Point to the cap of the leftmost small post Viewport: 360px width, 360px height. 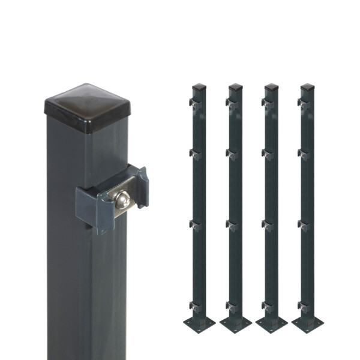point(199,87)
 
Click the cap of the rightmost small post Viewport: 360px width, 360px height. point(307,87)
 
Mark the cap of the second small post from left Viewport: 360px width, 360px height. point(235,87)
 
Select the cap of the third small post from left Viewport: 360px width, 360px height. point(271,87)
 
